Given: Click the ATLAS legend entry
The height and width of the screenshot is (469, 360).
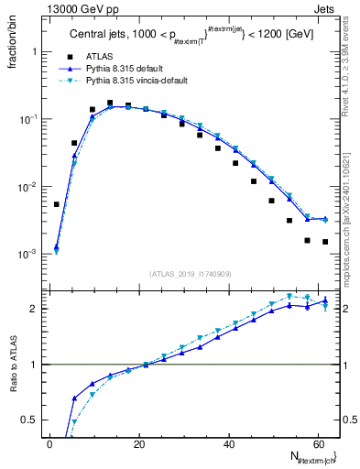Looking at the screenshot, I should click(100, 57).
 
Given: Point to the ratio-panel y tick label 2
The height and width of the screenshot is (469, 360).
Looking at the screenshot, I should click(36, 309).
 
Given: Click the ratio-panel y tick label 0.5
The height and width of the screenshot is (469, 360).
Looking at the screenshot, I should click(31, 420).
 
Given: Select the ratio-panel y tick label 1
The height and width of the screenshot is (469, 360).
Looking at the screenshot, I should click(36, 365).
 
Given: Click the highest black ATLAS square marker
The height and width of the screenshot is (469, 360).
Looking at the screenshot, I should click(110, 104).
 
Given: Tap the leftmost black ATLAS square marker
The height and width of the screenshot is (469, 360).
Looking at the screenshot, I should click(57, 204).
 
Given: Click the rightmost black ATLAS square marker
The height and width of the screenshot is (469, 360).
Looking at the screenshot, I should click(325, 242).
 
